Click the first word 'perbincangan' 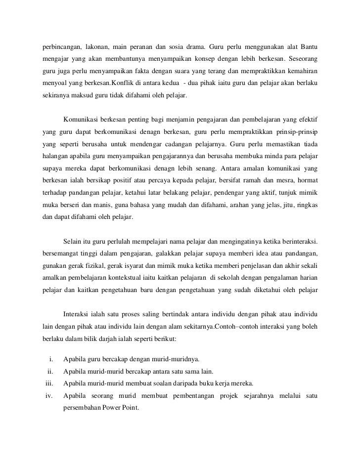(x=60, y=47)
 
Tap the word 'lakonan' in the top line (x=98, y=47)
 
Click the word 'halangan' (x=52, y=156)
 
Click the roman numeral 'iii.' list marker (x=48, y=383)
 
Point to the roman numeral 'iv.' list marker (x=49, y=395)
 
